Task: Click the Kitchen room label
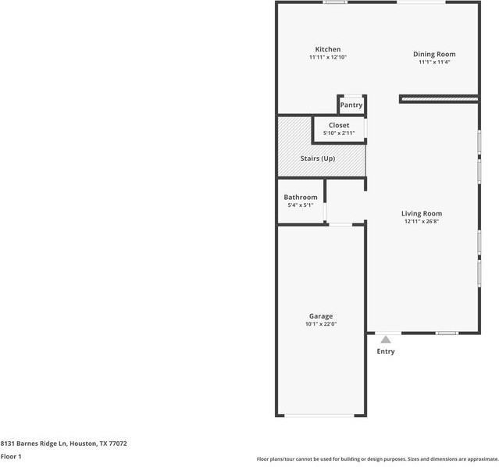click(327, 50)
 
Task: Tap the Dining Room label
click(434, 54)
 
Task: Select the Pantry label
click(351, 105)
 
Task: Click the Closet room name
click(339, 125)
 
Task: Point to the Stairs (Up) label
click(318, 159)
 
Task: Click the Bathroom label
click(301, 198)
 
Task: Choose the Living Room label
click(422, 213)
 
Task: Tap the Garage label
click(320, 315)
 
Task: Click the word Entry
click(386, 351)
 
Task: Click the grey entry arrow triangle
click(386, 339)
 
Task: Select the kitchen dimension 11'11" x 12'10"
click(327, 58)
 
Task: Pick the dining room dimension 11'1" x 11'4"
click(434, 62)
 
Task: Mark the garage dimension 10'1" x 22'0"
click(320, 324)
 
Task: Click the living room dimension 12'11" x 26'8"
click(422, 222)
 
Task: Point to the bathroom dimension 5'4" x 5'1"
click(301, 205)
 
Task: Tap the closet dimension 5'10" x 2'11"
click(339, 134)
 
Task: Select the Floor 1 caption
click(11, 456)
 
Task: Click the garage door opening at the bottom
click(320, 415)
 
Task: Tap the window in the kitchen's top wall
click(336, 2)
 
